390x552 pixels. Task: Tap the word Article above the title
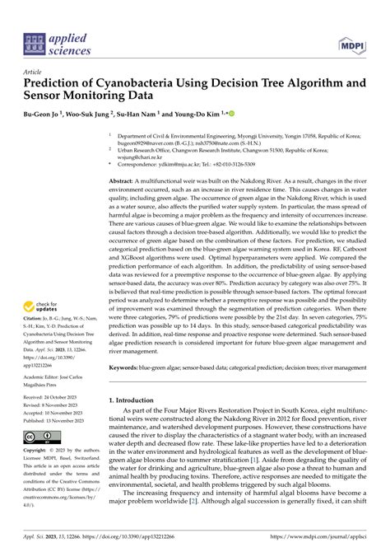tap(35, 72)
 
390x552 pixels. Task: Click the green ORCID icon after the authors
tap(232, 112)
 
